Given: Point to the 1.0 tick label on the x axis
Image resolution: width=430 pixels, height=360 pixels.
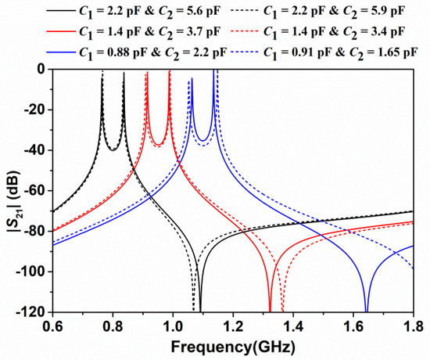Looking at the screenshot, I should tap(172, 324).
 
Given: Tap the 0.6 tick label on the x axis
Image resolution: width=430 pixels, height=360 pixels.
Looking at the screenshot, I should tap(52, 324).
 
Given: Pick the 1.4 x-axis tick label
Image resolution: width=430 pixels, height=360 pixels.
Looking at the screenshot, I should tap(292, 324).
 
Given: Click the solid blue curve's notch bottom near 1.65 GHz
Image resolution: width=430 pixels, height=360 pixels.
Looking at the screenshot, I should tap(367, 309).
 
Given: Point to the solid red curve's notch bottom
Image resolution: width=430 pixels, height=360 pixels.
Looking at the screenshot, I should tap(270, 309).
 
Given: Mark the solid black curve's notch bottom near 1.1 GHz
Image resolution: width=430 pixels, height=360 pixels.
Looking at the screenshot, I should tap(200, 309).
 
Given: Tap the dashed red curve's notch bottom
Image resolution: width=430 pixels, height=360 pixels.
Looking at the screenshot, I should tap(282, 309).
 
